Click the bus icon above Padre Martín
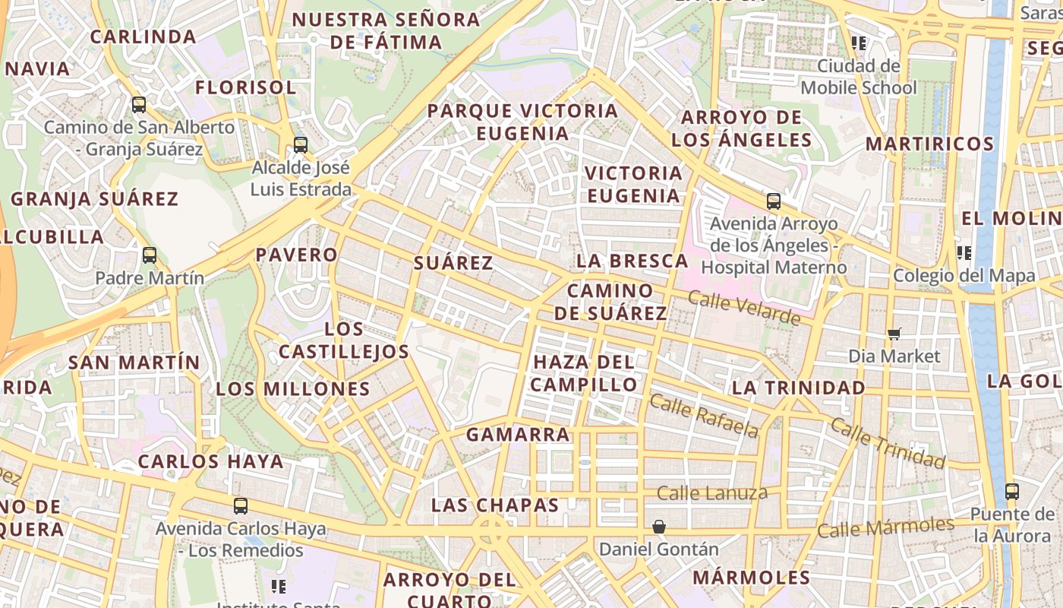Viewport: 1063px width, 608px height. click(150, 255)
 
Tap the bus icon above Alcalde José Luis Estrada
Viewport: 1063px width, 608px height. click(301, 144)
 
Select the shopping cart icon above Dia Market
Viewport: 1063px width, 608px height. click(894, 334)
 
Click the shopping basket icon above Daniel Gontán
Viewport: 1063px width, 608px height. click(658, 526)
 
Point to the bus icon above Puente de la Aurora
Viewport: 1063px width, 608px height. click(1011, 492)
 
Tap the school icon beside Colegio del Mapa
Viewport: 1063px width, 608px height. click(964, 252)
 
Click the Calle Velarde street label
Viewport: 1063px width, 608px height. click(744, 307)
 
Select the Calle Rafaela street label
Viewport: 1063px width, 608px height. click(704, 416)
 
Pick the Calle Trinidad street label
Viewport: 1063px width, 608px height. click(887, 442)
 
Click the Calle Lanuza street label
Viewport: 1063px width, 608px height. click(712, 493)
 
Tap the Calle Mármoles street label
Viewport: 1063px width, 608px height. click(885, 527)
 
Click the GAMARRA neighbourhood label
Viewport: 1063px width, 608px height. click(518, 435)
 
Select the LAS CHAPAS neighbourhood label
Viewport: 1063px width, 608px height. click(495, 505)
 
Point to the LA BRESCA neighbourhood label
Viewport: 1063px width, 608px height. click(632, 261)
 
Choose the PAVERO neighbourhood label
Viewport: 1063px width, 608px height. click(297, 255)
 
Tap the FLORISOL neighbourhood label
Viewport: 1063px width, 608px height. click(245, 87)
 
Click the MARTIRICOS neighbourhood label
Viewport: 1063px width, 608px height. click(929, 144)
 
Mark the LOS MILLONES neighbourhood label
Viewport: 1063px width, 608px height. click(293, 389)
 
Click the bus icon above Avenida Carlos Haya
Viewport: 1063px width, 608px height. click(241, 505)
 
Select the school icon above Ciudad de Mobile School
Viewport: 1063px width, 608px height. click(859, 43)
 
